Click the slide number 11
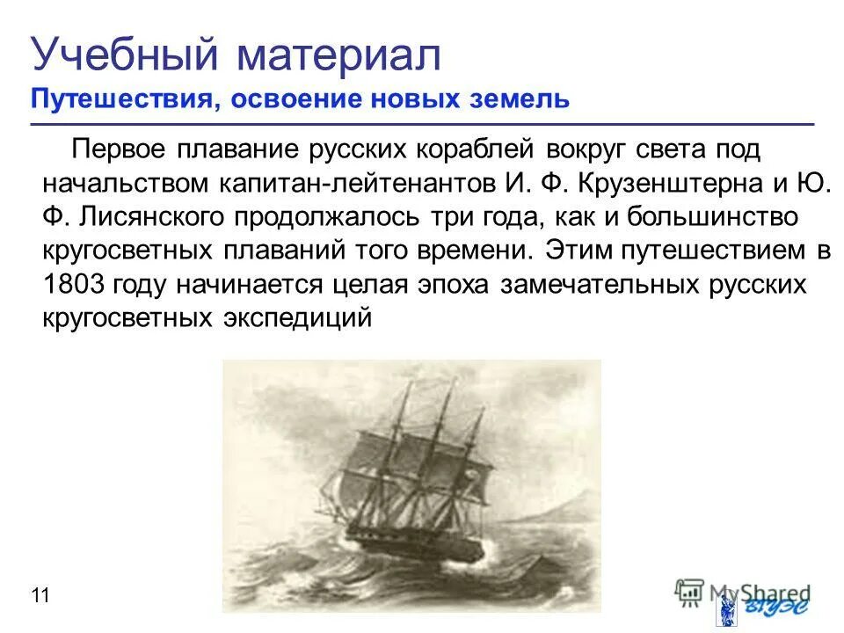point(40,596)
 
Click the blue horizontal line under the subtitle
point(422,124)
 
